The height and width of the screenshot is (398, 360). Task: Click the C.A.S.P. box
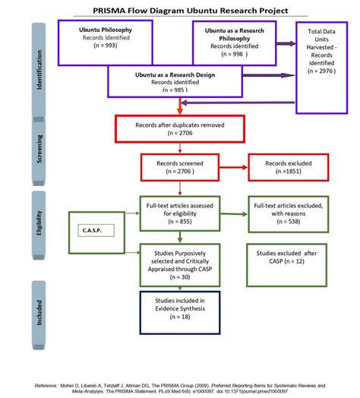tap(96, 227)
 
